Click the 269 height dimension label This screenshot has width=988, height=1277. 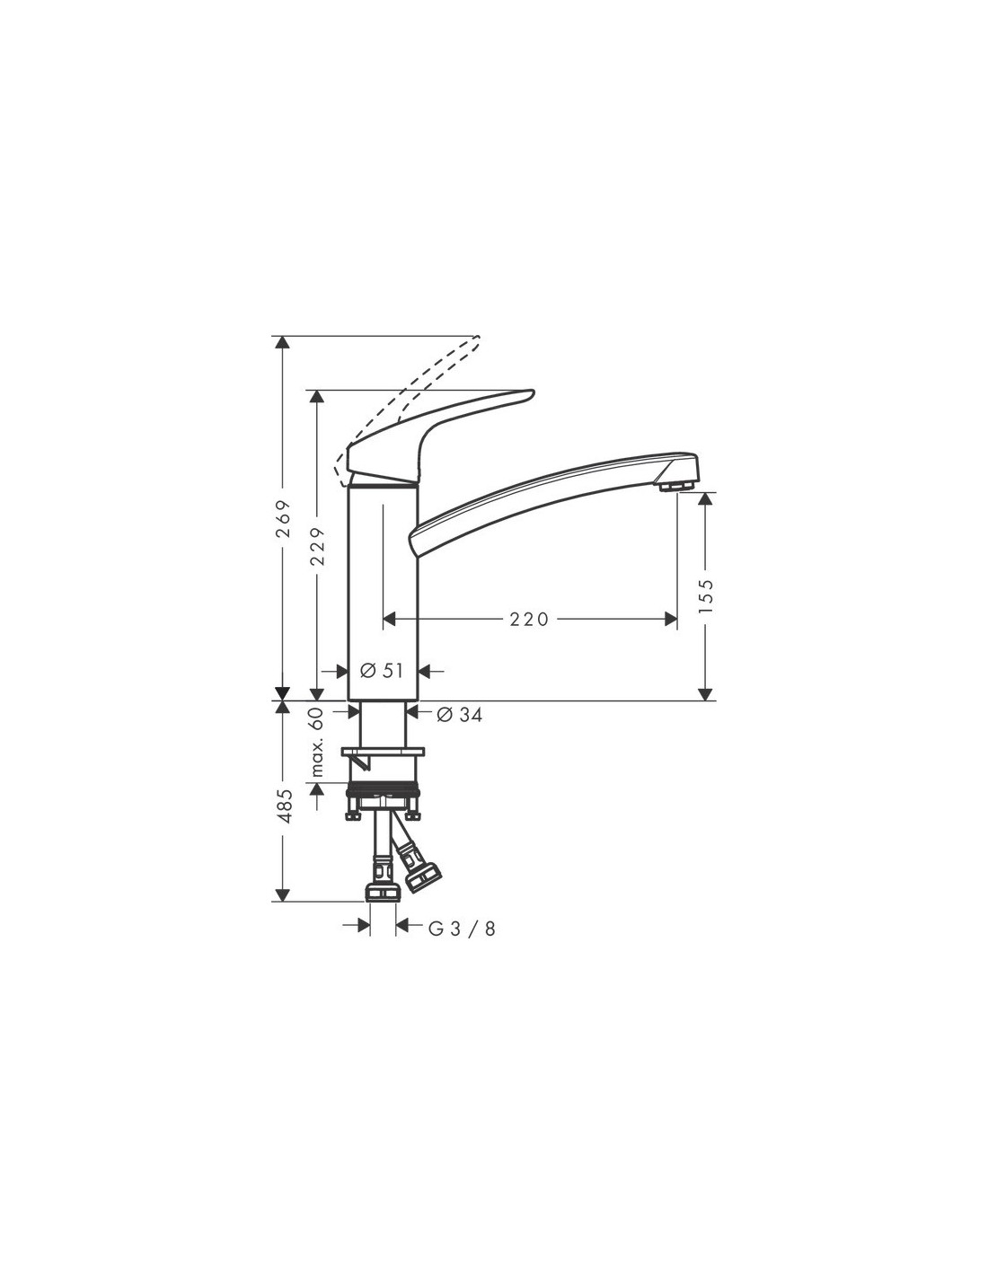284,519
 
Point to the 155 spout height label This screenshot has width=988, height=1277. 706,596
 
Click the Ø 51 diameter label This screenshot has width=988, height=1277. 382,670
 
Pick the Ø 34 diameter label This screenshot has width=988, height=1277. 460,715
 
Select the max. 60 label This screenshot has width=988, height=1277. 317,743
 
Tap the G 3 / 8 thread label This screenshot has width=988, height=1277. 462,929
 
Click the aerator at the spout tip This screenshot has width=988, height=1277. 677,486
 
